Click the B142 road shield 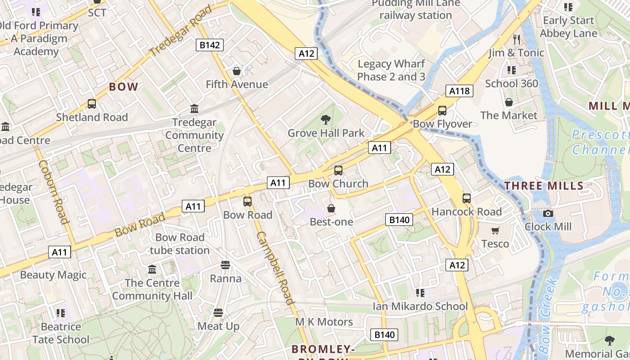tap(210, 45)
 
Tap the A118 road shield tap(459, 91)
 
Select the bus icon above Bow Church tap(338, 171)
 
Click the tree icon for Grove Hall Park tap(325, 120)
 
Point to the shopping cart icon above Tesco tap(495, 231)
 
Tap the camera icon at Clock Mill tap(548, 213)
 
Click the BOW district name tap(124, 87)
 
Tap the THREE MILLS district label tap(544, 185)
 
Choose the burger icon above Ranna tap(225, 265)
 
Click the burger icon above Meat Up tap(218, 313)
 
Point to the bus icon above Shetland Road tap(92, 104)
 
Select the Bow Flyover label tap(442, 124)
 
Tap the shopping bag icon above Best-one tap(331, 208)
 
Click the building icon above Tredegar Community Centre tap(194, 109)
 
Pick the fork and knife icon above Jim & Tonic tap(516, 40)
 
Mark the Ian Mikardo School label tap(420, 306)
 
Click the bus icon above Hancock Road tap(467, 198)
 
